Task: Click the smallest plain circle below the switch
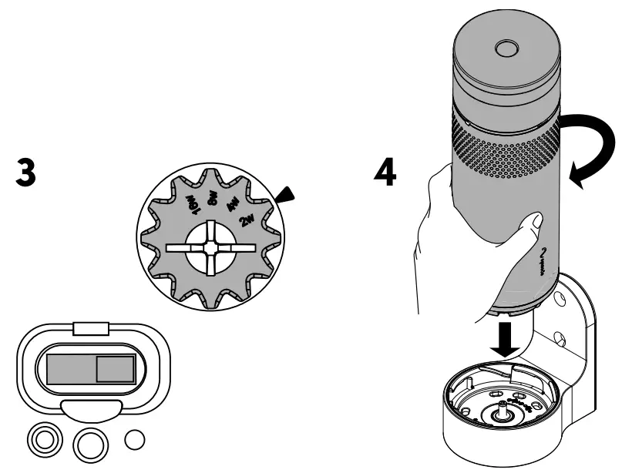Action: (x=135, y=439)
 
